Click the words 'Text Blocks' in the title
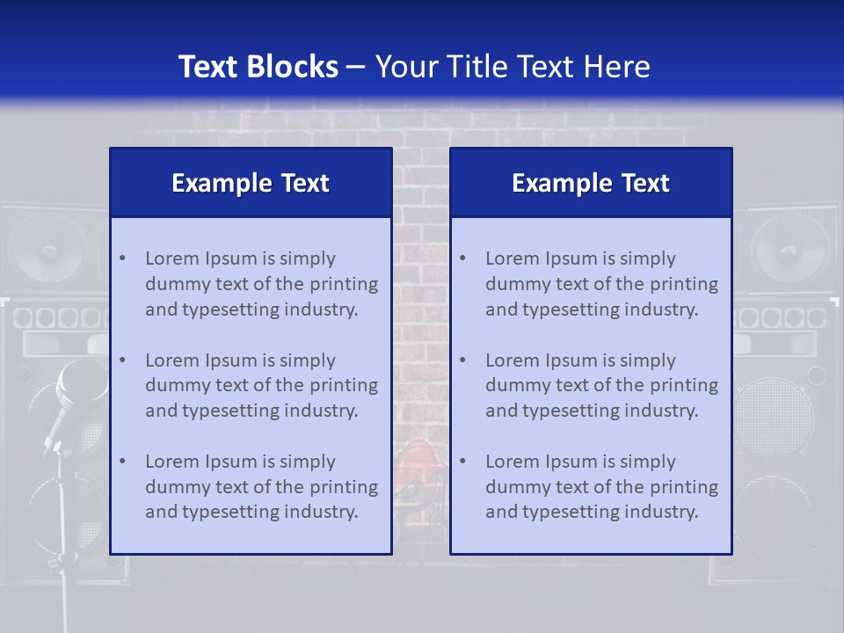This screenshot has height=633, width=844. tap(258, 67)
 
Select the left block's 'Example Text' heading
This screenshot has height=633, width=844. tap(251, 183)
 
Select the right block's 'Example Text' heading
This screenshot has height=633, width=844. tap(591, 183)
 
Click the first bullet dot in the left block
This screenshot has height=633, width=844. tap(122, 258)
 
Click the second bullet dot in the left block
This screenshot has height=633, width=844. tap(122, 360)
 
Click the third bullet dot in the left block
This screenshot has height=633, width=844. tap(122, 462)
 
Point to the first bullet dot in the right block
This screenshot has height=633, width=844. tap(462, 258)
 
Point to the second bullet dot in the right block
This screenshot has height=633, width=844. tap(462, 360)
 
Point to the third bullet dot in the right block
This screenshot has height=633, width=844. tap(462, 462)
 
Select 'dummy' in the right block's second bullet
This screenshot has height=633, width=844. tap(513, 385)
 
